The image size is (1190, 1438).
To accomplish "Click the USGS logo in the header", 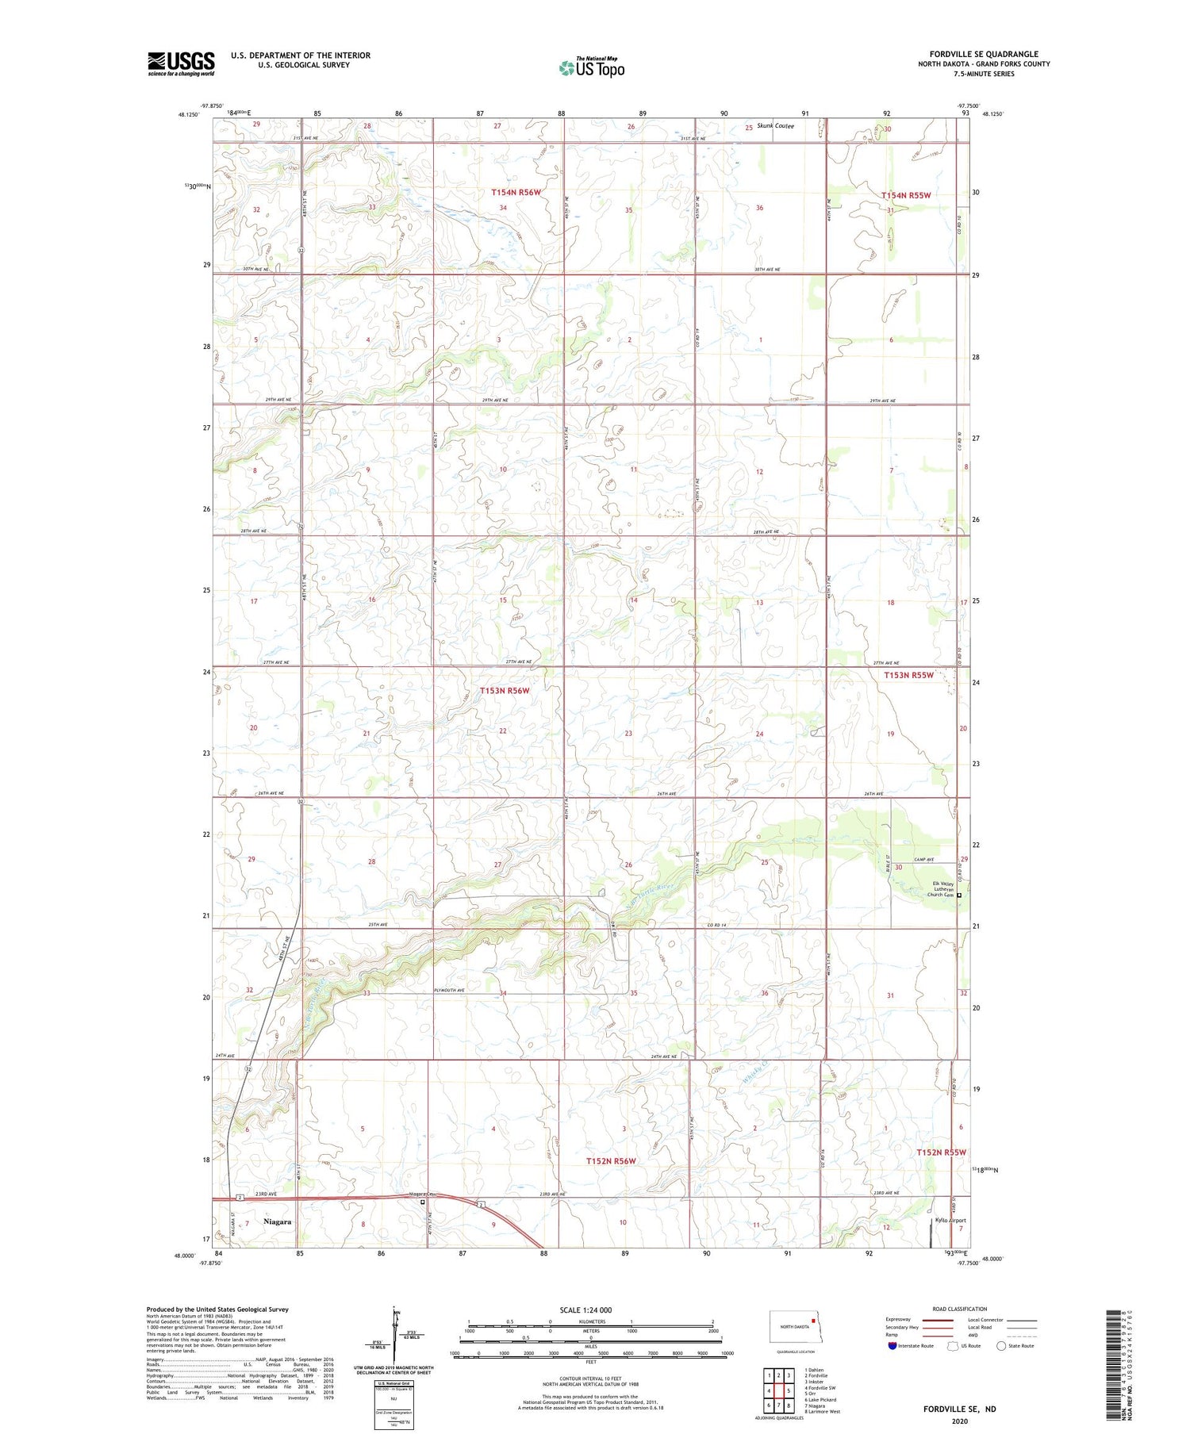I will click(x=181, y=63).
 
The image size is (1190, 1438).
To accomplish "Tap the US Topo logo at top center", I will click(x=591, y=67).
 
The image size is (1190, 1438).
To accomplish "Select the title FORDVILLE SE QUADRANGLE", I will click(x=984, y=55).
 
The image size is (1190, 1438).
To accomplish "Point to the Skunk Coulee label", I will click(x=775, y=125).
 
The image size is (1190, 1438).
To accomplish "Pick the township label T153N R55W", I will click(x=908, y=675).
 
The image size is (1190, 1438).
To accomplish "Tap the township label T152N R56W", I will click(x=611, y=1161).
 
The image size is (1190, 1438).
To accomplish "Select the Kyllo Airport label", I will click(x=950, y=1221).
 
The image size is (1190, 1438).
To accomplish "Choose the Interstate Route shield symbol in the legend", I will click(x=892, y=1346).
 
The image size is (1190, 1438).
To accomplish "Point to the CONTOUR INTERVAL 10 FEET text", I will click(x=590, y=1379).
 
